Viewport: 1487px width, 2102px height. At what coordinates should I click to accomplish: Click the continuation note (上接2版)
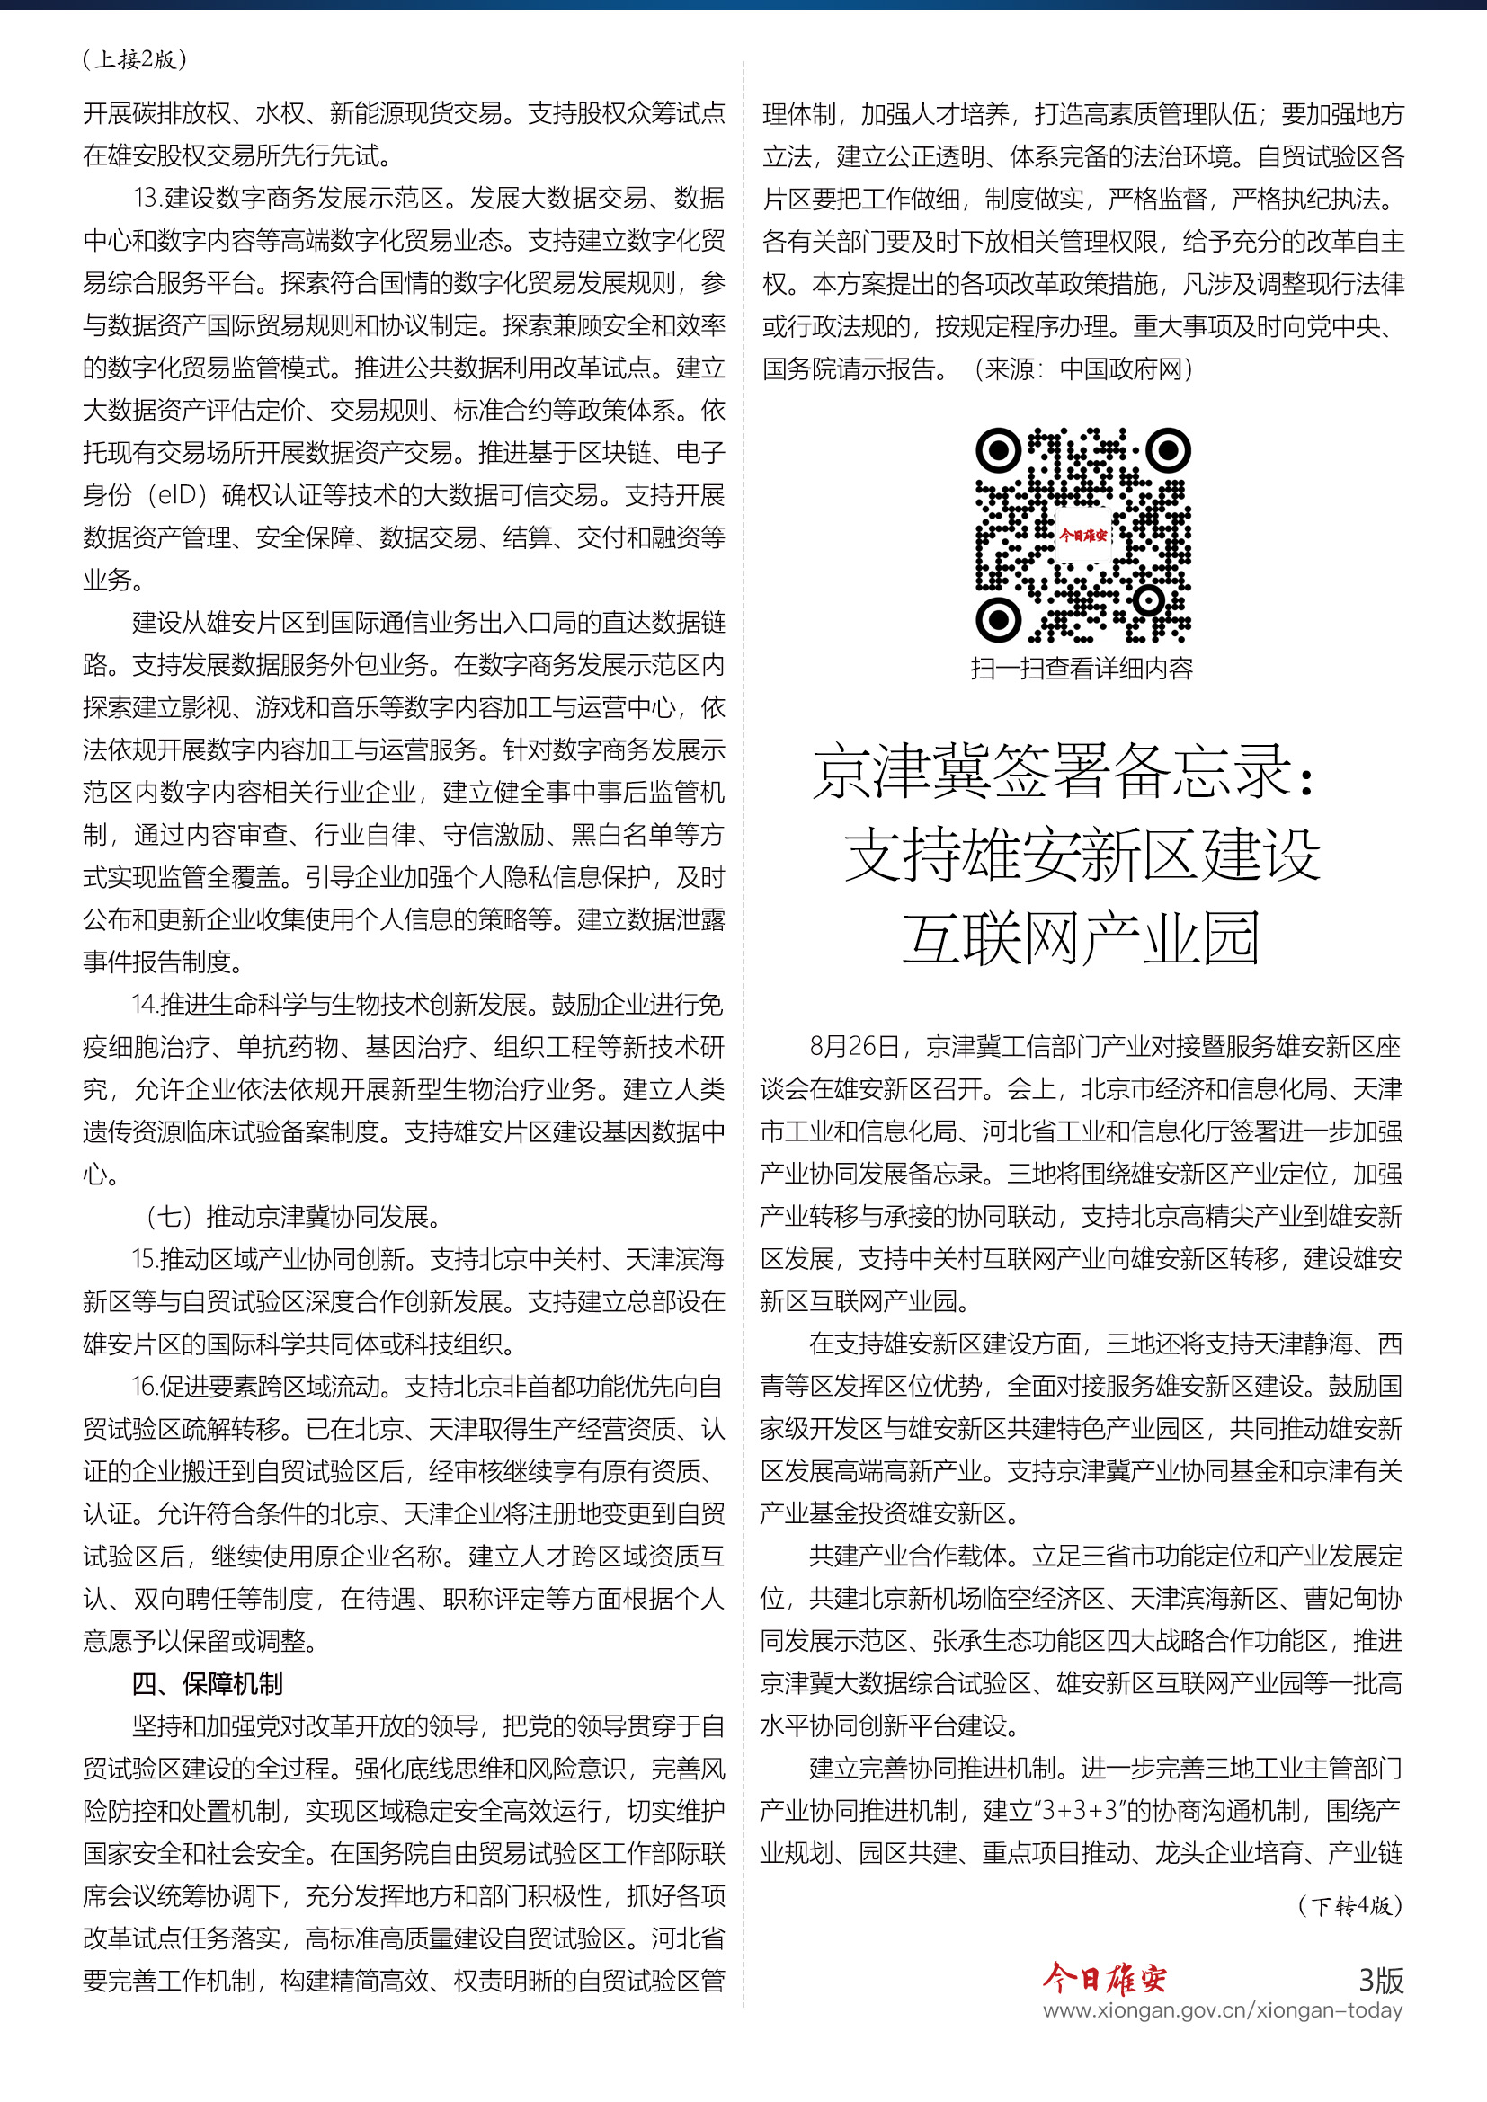click(135, 59)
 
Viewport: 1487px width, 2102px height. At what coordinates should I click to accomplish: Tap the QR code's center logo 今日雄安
click(1082, 535)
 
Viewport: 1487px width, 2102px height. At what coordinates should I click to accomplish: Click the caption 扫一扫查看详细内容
click(1082, 669)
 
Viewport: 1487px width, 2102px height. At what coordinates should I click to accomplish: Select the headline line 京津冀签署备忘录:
click(1064, 771)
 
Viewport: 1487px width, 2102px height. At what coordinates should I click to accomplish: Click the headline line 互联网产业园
click(1082, 938)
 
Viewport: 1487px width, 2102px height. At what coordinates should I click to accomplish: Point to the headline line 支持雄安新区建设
click(1082, 855)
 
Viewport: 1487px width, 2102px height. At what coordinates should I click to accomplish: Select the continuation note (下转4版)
click(1349, 1906)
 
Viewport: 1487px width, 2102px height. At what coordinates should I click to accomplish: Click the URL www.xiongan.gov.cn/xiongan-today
click(1223, 2010)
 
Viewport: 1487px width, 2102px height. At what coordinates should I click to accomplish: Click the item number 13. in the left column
click(147, 199)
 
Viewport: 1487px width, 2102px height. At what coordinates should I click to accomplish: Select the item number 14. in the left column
click(145, 1005)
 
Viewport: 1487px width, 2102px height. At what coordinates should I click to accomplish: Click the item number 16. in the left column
click(145, 1386)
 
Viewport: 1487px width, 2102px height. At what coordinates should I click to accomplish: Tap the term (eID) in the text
click(174, 495)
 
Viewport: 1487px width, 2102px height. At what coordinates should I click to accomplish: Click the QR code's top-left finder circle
click(998, 450)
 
